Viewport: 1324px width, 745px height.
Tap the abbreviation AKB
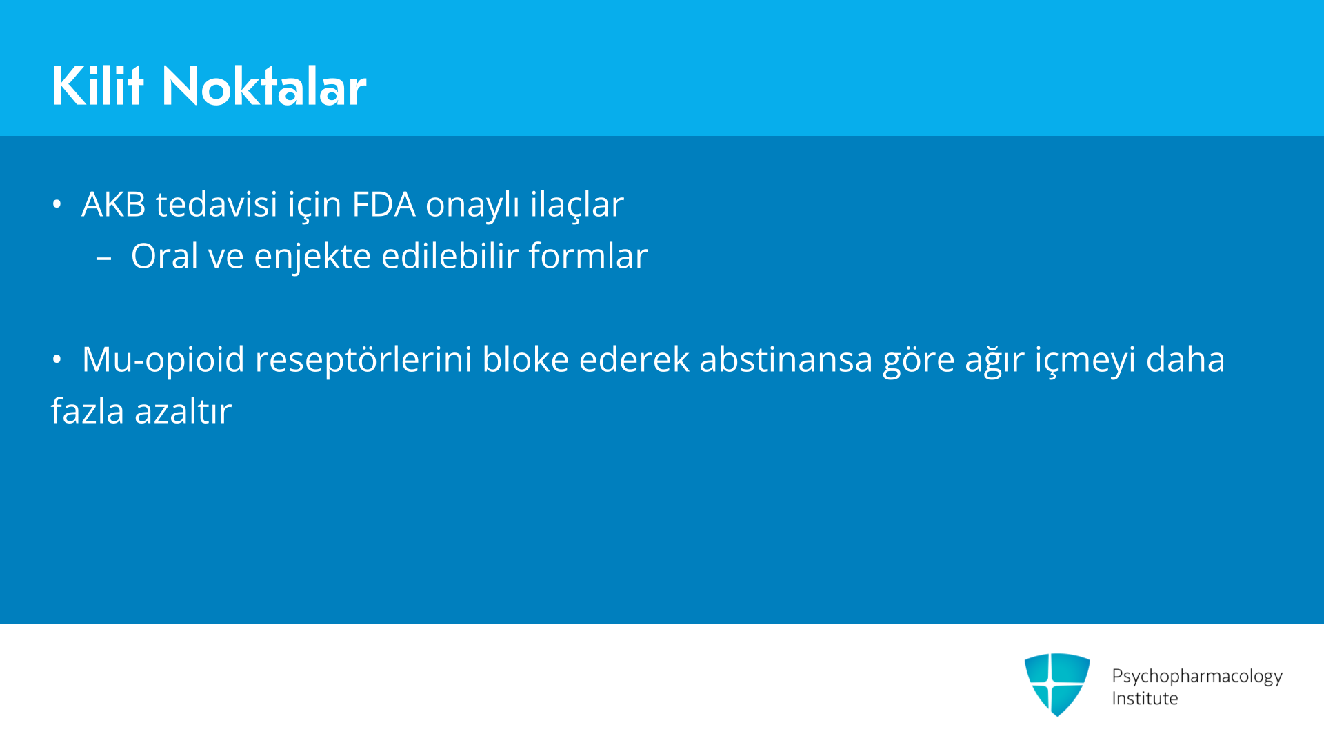point(114,204)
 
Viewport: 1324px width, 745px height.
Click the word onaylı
point(472,206)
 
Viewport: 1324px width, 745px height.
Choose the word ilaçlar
point(577,206)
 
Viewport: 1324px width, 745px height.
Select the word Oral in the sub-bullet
point(165,256)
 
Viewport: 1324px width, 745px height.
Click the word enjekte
point(312,257)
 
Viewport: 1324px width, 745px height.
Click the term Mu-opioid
point(163,361)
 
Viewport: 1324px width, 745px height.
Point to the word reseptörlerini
point(363,361)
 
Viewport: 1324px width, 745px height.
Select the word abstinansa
point(786,359)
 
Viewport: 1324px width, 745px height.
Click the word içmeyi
point(1085,361)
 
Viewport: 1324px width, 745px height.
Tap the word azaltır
point(183,411)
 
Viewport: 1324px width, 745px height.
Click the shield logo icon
point(1057,684)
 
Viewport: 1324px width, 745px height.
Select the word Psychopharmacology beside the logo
point(1197,676)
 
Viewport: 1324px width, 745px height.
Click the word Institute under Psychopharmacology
point(1145,698)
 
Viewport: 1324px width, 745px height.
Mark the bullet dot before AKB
point(57,204)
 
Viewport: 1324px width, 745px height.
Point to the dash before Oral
point(104,259)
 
